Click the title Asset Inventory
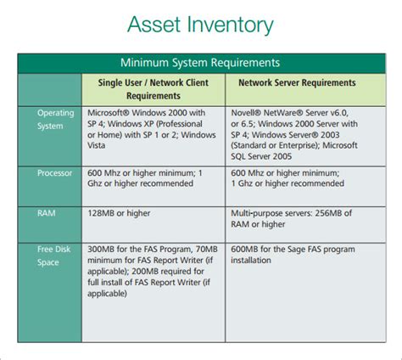point(201,25)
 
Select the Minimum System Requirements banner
point(201,63)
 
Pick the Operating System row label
point(50,118)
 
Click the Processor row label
point(50,172)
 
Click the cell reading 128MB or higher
point(127,214)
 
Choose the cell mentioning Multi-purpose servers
point(293,219)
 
